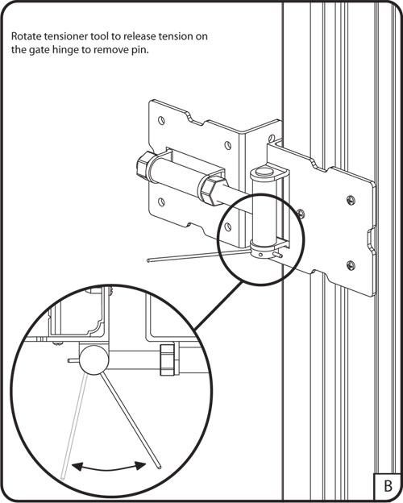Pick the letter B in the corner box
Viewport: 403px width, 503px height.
click(388, 486)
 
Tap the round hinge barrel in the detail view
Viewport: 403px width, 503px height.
click(94, 360)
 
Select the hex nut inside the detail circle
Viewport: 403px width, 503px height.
click(167, 360)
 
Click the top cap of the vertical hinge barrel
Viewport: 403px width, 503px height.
click(264, 173)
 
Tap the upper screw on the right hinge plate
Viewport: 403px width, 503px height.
click(351, 201)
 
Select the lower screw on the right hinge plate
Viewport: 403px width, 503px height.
click(351, 265)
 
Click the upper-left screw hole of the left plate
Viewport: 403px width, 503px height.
click(162, 121)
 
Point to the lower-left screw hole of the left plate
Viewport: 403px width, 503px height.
click(162, 202)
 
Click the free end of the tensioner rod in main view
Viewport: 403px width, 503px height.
click(149, 261)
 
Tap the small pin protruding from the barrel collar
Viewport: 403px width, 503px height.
click(277, 255)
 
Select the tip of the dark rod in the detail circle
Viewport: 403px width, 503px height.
click(159, 468)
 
